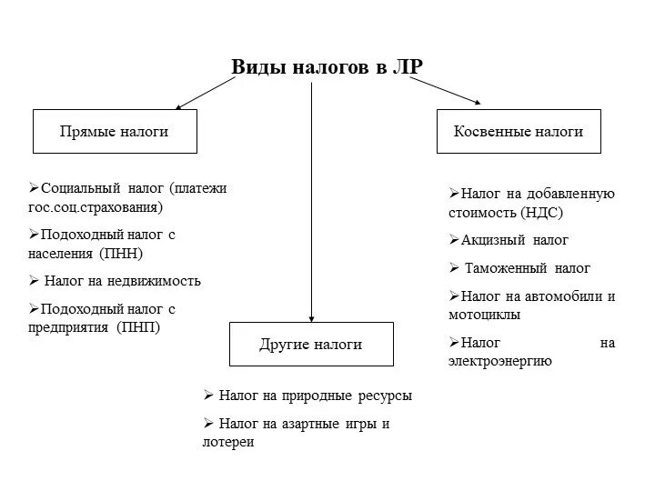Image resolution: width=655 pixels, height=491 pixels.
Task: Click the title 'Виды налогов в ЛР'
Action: (x=327, y=69)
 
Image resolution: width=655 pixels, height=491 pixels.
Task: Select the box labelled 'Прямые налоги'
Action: (x=114, y=132)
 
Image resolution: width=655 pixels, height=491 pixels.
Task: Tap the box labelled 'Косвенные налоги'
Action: (x=519, y=132)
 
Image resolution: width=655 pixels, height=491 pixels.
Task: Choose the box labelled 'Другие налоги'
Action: (x=311, y=345)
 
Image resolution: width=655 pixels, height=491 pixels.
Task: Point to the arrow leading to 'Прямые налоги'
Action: (x=205, y=94)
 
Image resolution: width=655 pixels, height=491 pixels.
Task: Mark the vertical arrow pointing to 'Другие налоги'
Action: (x=312, y=200)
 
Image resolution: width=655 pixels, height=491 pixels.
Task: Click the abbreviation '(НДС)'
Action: (x=542, y=212)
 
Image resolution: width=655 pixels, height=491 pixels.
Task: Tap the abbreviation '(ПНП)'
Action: (x=137, y=327)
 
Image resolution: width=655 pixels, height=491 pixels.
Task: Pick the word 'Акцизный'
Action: (x=490, y=240)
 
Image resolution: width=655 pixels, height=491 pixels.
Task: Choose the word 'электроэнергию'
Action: (x=499, y=361)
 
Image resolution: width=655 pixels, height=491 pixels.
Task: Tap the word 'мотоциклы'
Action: (x=484, y=315)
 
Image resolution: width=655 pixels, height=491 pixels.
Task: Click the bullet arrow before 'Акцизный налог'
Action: (x=453, y=240)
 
